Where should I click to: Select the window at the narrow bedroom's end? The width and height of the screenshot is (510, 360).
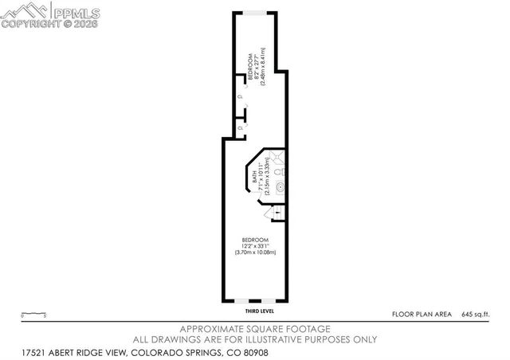254,11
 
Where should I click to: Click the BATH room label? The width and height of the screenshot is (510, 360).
255,181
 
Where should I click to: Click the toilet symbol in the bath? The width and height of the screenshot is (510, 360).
279,170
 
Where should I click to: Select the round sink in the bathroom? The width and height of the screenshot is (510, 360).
280,189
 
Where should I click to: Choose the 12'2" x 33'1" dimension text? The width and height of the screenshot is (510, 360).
255,246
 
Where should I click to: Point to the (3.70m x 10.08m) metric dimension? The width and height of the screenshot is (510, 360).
255,252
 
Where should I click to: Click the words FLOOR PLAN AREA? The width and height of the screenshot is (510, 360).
420,315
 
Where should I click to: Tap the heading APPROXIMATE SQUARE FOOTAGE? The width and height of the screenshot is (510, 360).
255,329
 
